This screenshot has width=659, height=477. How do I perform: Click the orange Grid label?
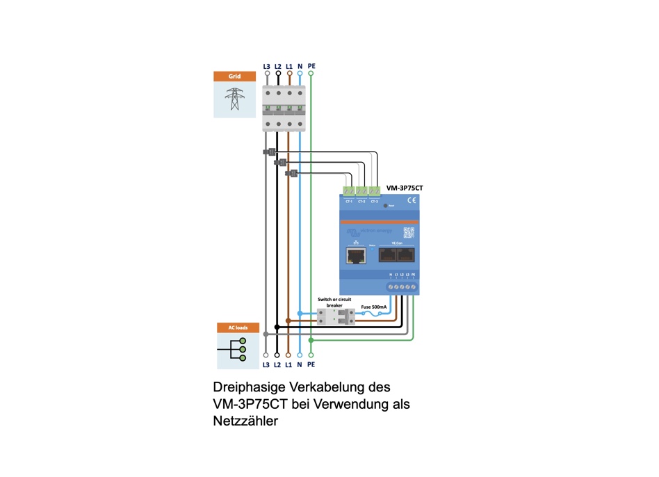(234, 76)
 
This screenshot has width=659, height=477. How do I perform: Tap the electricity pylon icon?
(234, 99)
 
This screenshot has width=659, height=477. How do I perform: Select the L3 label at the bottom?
(266, 364)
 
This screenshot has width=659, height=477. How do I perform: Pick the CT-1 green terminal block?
(349, 191)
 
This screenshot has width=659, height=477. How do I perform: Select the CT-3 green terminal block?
(374, 191)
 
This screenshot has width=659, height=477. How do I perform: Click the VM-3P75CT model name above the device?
(405, 188)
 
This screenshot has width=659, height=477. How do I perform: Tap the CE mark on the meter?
(410, 201)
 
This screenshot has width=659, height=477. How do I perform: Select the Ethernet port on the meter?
(357, 255)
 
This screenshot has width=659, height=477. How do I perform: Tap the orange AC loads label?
(238, 328)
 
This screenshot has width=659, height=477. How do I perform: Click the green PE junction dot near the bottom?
(311, 340)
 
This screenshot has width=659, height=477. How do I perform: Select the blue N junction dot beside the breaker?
(300, 314)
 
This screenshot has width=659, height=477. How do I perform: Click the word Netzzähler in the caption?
(245, 420)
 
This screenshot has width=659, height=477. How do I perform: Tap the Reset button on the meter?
(384, 207)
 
